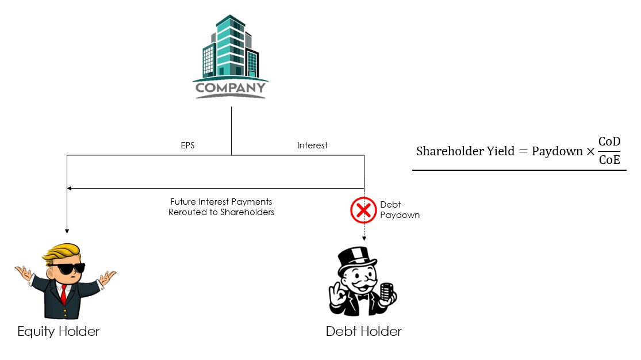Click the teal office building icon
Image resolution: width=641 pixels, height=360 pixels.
pos(231,48)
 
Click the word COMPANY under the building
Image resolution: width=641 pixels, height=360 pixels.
pos(231,88)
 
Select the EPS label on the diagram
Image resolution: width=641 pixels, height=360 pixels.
pos(188,145)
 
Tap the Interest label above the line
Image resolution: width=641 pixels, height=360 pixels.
pos(312,145)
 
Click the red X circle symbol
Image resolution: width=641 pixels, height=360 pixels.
pos(363,210)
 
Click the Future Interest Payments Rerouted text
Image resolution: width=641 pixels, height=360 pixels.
pos(221,207)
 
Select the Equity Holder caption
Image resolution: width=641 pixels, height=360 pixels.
pos(59,331)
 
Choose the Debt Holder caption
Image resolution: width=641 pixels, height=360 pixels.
pos(363,331)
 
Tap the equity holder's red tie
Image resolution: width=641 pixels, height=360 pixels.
pos(63,293)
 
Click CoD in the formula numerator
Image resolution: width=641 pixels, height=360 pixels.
pos(609,141)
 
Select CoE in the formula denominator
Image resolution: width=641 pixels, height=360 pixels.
pos(609,160)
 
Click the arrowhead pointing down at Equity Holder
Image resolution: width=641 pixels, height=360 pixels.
pos(67,231)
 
